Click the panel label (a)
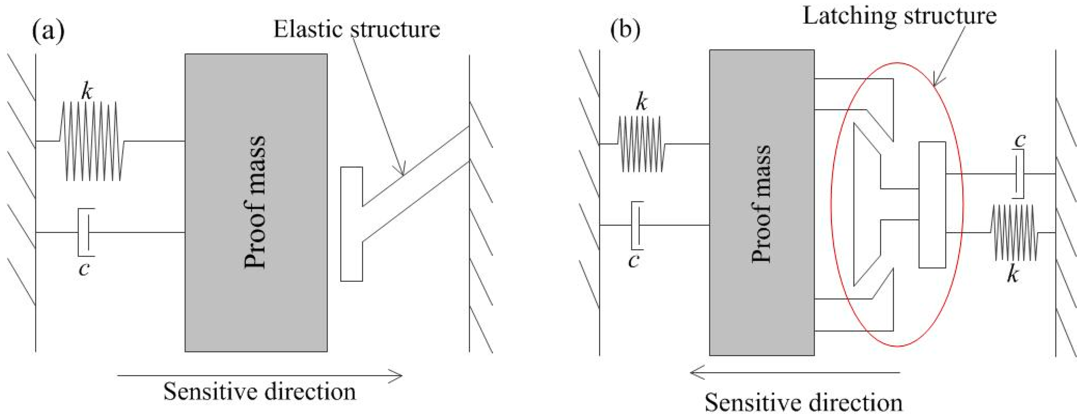(x=48, y=31)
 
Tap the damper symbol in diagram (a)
(x=85, y=232)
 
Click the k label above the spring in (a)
(x=87, y=92)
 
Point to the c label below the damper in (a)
(x=84, y=268)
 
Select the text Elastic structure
(x=357, y=29)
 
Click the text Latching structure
(x=899, y=16)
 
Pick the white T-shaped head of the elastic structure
(x=351, y=224)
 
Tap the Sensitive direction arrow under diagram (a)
(x=260, y=375)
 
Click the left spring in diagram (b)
(x=641, y=144)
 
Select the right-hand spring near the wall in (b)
(x=1014, y=232)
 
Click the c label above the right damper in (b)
(x=1020, y=140)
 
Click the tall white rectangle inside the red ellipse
(x=932, y=205)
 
